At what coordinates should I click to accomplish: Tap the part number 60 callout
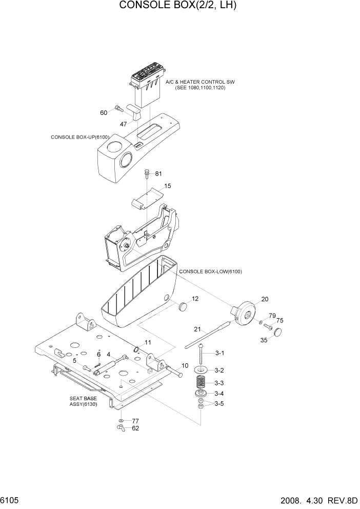[104, 112]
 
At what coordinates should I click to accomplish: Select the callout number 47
[123, 124]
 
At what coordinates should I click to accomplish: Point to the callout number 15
[167, 186]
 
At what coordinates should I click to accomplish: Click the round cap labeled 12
[183, 307]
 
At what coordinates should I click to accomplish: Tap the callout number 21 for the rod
[197, 329]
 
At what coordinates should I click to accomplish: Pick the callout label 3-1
[219, 354]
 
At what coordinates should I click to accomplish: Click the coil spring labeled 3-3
[202, 382]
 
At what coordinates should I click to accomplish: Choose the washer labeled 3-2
[201, 370]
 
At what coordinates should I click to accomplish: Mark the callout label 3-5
[219, 403]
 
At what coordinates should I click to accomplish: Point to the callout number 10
[185, 366]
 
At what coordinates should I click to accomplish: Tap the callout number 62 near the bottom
[136, 428]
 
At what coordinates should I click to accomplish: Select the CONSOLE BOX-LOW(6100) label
[210, 271]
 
